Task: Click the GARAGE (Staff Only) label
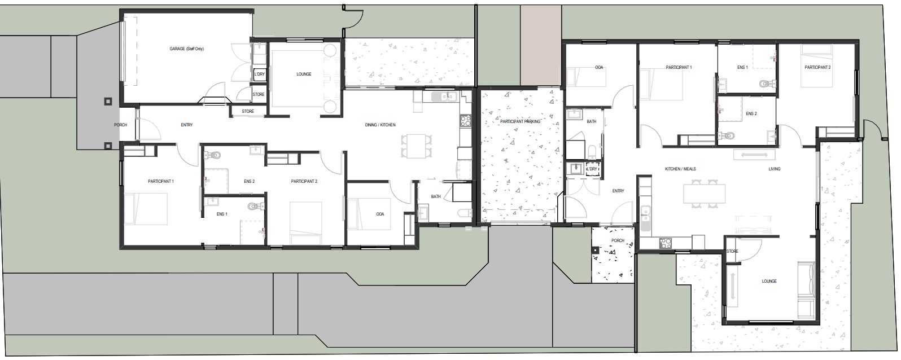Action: coord(186,49)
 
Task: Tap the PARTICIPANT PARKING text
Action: coord(520,121)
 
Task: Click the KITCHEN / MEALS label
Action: coord(680,169)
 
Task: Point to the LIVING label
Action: coord(774,169)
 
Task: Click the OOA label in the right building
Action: coord(598,67)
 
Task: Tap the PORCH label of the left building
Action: coord(120,125)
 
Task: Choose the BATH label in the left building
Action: coord(436,197)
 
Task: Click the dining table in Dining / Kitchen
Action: coord(416,145)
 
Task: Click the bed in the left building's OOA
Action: coord(369,214)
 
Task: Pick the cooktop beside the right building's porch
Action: coord(665,244)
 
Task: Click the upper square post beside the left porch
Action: coord(108,102)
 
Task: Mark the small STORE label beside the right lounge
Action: coord(732,251)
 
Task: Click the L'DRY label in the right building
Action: coord(592,169)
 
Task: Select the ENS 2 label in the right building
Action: coord(751,113)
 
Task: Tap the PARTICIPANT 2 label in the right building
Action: coord(817,67)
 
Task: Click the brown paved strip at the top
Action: coord(540,44)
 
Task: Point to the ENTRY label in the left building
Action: coord(187,125)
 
